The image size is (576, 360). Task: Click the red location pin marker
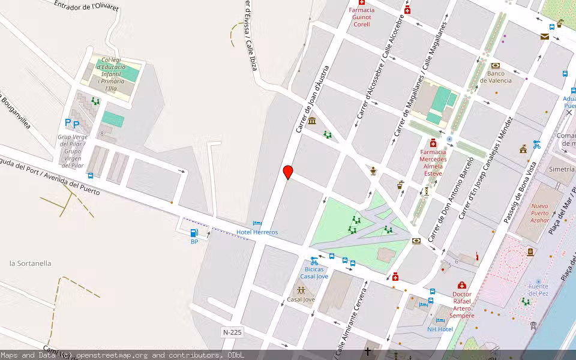[x=288, y=172]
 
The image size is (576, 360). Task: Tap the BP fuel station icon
[x=194, y=233]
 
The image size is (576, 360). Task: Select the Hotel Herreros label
[x=257, y=232]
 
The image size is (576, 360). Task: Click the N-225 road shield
[x=232, y=332]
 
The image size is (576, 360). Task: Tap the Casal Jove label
[x=301, y=299]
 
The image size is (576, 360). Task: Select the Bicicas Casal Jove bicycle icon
[x=314, y=260]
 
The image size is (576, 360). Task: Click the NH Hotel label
[x=440, y=329]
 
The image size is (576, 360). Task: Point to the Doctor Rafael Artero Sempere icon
[x=461, y=285]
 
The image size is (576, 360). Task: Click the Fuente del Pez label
[x=538, y=290]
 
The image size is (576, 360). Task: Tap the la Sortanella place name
[x=31, y=263]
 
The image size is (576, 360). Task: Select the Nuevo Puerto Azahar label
[x=540, y=213]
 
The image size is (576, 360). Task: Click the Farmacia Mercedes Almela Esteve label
[x=433, y=163]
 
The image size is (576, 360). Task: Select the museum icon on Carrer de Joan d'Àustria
[x=311, y=121]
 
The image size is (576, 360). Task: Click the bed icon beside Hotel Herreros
[x=257, y=223]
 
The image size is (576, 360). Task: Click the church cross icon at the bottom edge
[x=368, y=351]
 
